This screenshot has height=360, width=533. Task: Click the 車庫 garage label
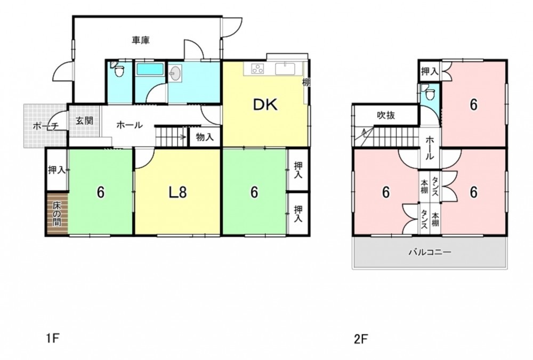pos(141,40)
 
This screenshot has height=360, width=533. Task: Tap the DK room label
pos(265,105)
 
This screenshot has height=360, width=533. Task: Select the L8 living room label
pos(178,193)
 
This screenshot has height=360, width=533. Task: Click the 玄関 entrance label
pos(84,120)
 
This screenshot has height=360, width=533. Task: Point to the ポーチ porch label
pos(46,126)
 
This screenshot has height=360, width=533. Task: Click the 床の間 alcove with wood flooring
pos(57,214)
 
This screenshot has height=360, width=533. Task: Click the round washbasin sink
pos(175,73)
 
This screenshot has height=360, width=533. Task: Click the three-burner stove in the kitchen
pos(257,69)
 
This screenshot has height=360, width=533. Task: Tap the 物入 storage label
pos(205,137)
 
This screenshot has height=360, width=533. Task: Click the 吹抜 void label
pos(386,116)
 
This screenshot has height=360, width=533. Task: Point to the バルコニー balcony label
pos(430,252)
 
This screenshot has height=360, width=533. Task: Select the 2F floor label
pos(361,339)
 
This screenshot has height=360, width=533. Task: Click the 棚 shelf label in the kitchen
pos(306,82)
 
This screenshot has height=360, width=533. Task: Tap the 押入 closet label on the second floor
pos(430,72)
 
